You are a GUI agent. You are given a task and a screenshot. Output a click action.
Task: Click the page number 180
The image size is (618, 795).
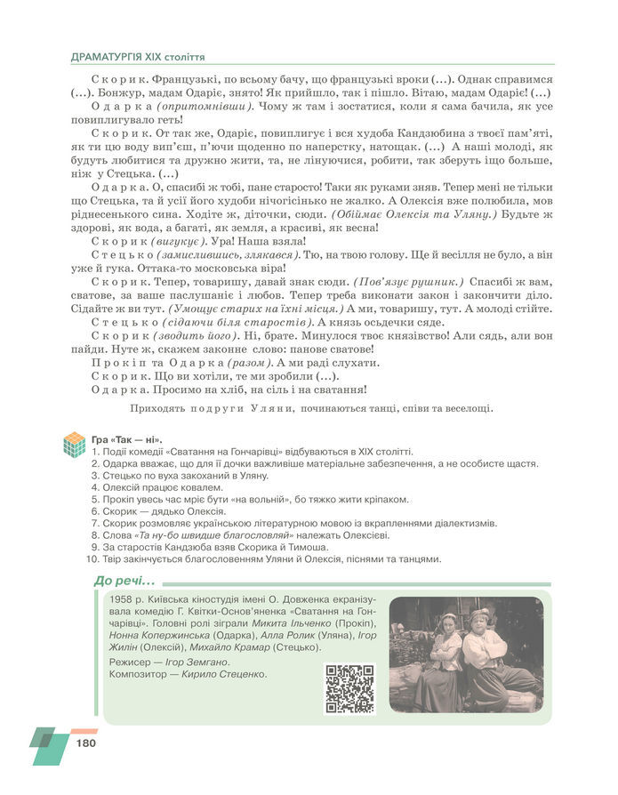point(85,743)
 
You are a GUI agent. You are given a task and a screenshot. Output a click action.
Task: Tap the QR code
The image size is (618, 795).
point(349,688)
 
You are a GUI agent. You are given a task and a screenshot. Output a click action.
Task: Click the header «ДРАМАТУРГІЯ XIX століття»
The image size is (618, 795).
point(138,56)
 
